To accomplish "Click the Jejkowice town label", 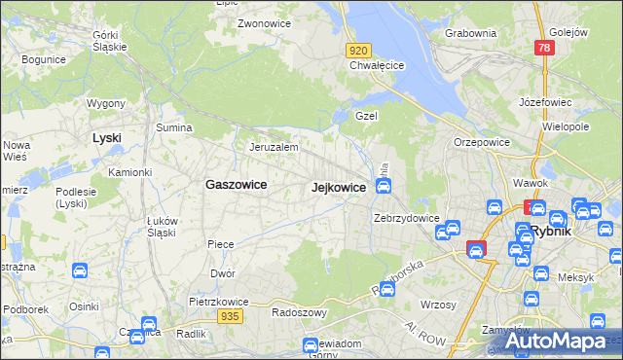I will tap(338, 187).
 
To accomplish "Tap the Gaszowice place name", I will tap(237, 183).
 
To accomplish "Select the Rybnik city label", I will tap(556, 233).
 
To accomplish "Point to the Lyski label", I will tap(106, 137).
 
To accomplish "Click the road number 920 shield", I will tap(358, 51).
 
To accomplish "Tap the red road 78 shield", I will tap(545, 49).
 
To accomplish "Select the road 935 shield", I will tap(230, 316).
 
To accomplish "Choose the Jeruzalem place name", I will tap(273, 147).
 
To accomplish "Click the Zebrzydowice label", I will tap(407, 218).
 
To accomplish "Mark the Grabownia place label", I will tap(470, 32).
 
